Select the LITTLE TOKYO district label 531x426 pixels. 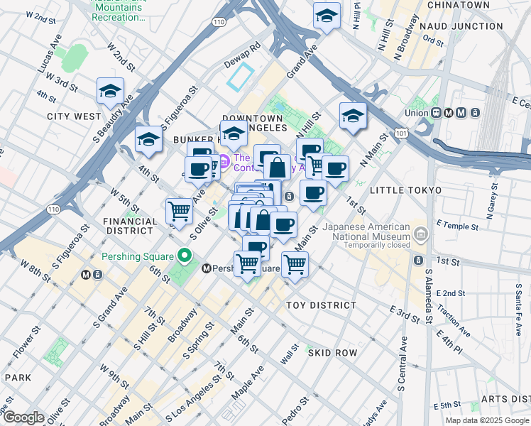coord(405,190)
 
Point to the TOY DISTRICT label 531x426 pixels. coord(321,305)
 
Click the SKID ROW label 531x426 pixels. coord(332,353)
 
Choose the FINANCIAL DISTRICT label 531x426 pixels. coord(129,226)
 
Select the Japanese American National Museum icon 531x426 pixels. coord(420,234)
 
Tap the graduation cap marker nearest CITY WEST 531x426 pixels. coord(111,92)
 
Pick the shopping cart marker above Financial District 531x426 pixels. coord(179,210)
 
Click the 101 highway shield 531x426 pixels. coord(403,133)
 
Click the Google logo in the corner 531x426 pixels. coord(23,417)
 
